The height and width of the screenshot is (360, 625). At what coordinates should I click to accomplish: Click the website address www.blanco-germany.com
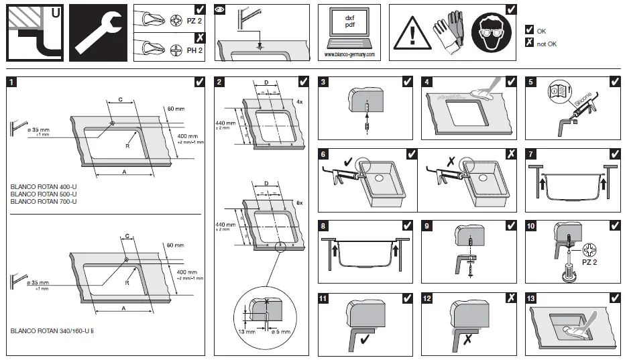[x=349, y=54]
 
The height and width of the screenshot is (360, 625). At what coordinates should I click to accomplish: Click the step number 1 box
[x=11, y=82]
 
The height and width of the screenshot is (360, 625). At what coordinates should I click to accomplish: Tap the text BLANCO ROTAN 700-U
[x=44, y=201]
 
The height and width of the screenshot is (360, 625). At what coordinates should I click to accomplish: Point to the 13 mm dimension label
[x=246, y=331]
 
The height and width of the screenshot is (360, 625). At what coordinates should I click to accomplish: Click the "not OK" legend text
[x=547, y=44]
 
